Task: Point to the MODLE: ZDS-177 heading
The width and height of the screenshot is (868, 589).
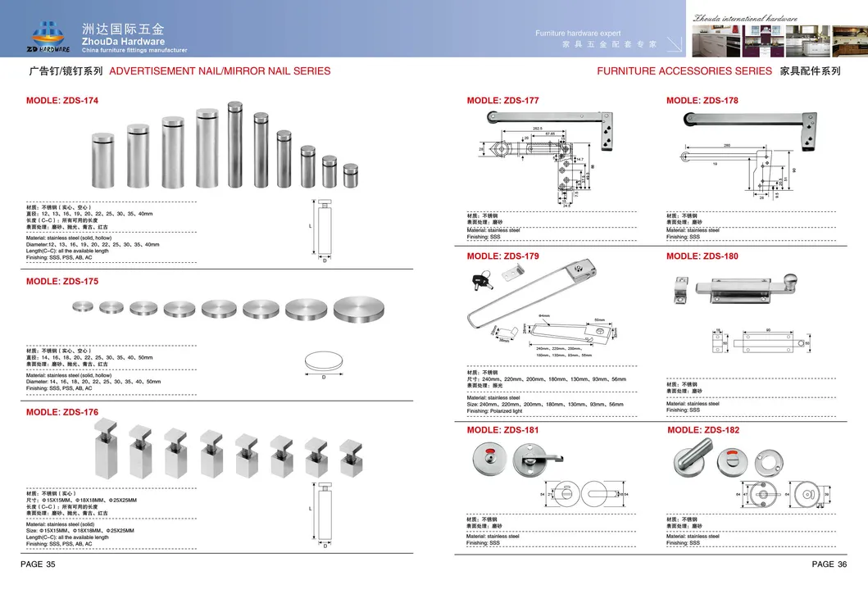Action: pos(502,101)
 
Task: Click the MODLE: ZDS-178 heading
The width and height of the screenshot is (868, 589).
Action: pos(702,101)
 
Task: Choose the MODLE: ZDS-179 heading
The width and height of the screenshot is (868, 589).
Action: pos(502,256)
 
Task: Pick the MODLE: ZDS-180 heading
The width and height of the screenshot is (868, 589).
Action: pos(702,256)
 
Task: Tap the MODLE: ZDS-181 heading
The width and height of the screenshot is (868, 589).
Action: pos(502,429)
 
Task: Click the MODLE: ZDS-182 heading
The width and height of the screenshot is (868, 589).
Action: pos(703,429)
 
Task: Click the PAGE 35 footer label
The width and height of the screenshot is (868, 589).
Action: pos(38,564)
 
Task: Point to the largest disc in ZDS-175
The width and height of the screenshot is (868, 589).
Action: pos(357,306)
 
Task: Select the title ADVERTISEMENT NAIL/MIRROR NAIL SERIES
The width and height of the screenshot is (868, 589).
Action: pos(220,71)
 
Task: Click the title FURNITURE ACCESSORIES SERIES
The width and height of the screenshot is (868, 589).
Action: pos(684,71)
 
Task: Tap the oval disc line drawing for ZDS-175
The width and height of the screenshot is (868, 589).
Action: pos(325,361)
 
